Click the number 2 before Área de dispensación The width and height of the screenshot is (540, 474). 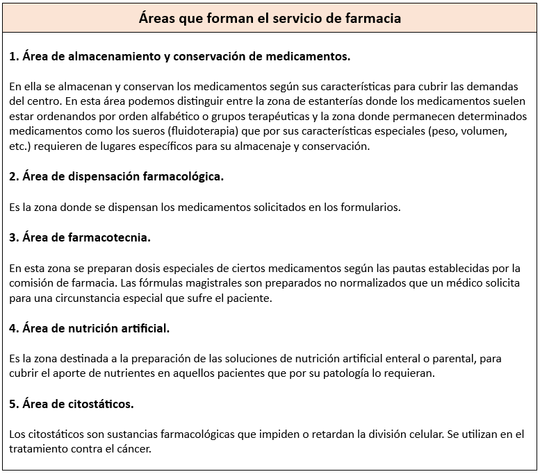13,176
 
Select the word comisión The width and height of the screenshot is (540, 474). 33,283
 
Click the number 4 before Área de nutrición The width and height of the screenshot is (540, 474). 13,328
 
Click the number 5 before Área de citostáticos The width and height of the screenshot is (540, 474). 13,404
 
